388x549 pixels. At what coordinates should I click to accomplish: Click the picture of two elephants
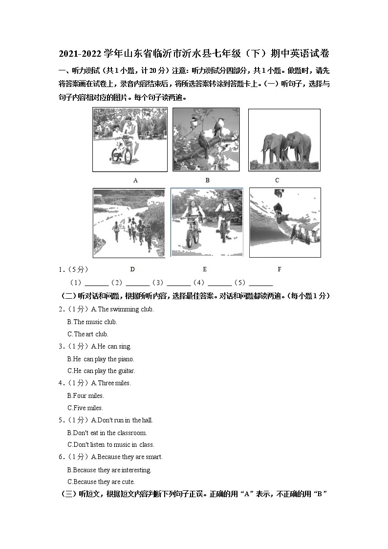click(x=284, y=140)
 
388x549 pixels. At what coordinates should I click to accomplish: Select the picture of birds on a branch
click(x=206, y=139)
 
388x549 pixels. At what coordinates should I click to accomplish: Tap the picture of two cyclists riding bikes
click(x=207, y=222)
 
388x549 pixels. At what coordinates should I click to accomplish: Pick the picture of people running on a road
click(x=129, y=223)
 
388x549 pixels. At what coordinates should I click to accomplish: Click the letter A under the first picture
click(x=135, y=180)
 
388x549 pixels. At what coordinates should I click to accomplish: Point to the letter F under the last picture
click(x=280, y=269)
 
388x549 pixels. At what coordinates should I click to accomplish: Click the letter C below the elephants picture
click(x=277, y=180)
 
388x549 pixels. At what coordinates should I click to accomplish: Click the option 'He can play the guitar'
click(x=101, y=371)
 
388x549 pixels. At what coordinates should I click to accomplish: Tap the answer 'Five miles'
click(x=85, y=408)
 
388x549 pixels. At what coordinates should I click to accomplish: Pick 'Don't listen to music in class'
click(x=110, y=445)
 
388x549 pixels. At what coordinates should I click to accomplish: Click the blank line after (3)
click(x=178, y=283)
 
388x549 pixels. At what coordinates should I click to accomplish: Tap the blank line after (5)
click(x=260, y=283)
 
